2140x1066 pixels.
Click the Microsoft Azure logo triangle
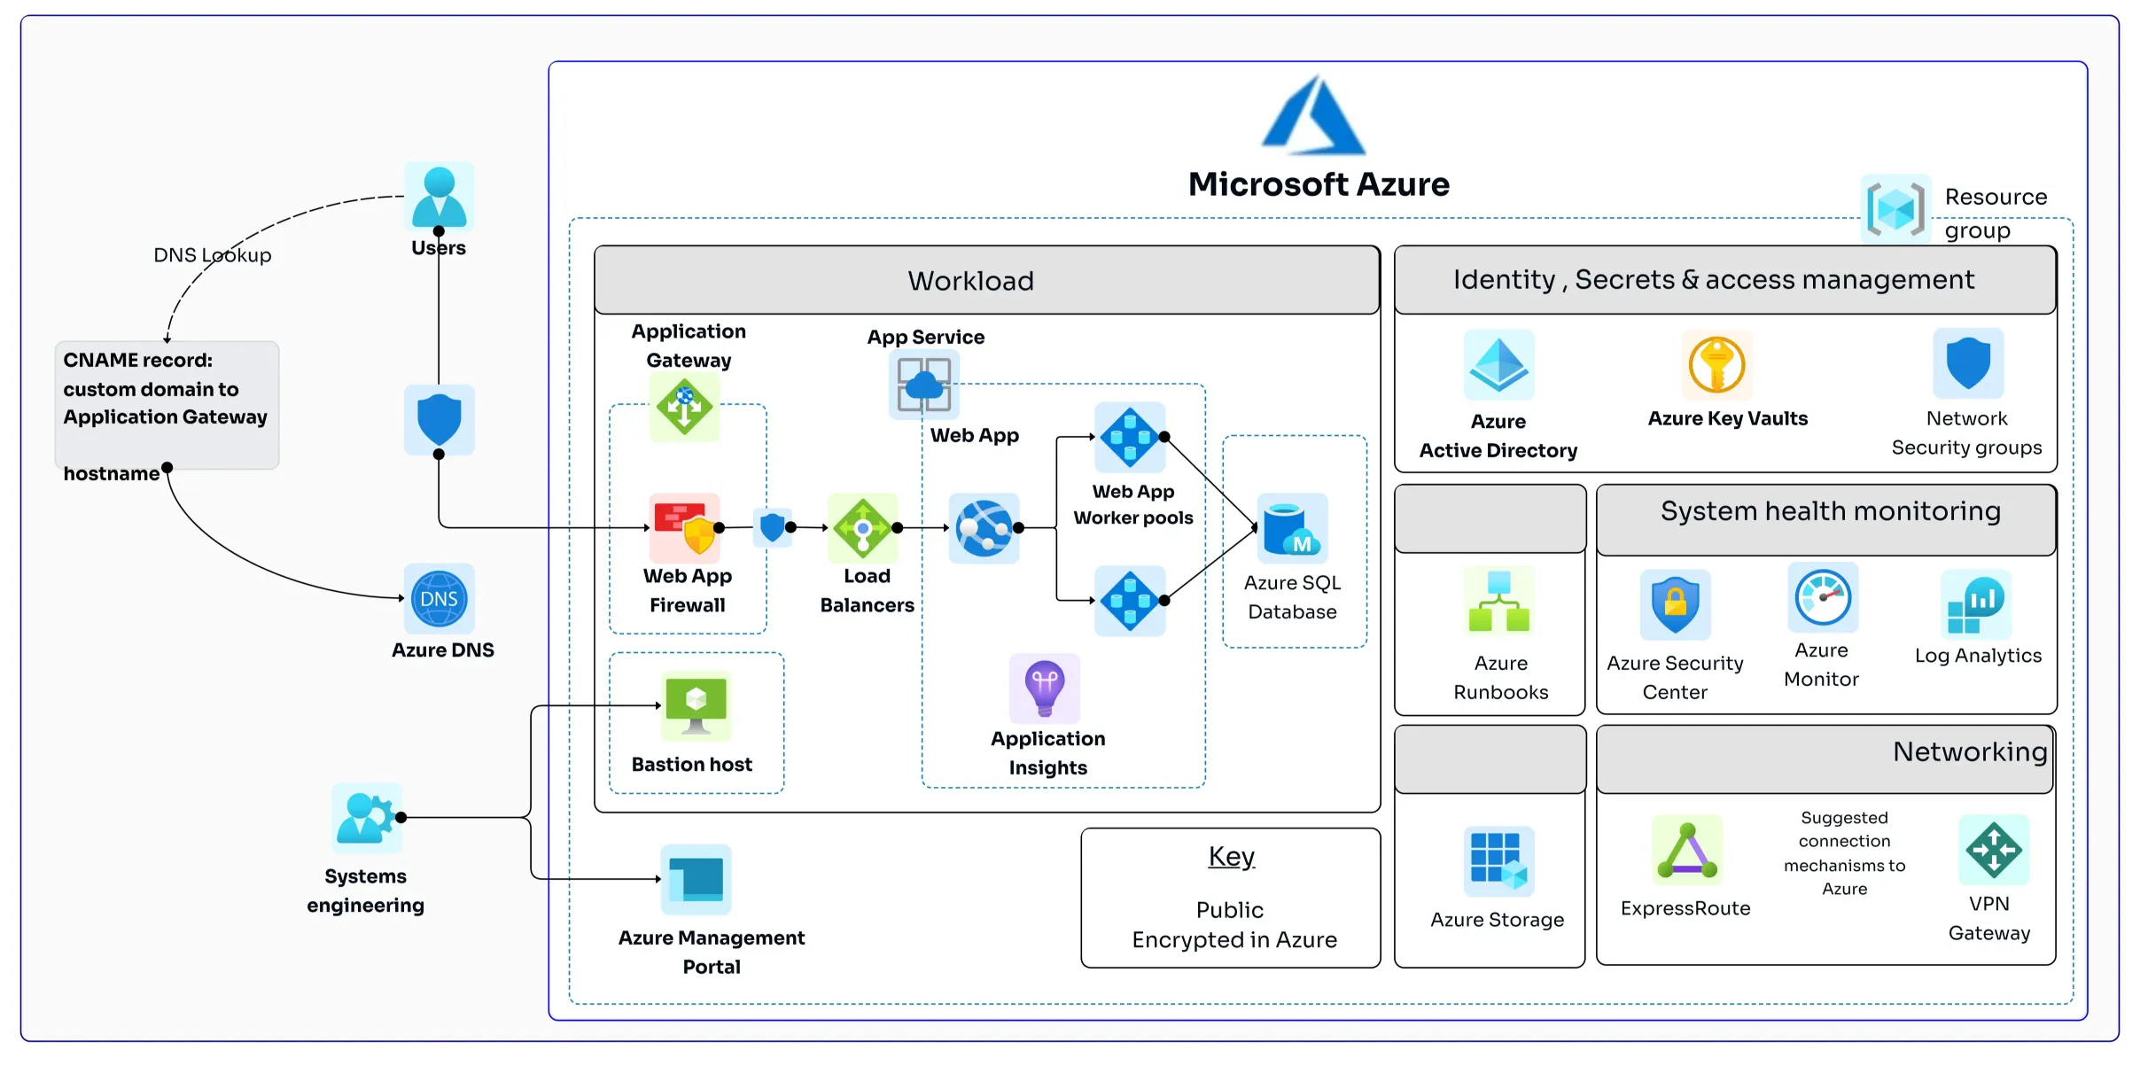1313,117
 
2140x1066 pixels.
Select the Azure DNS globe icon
439,599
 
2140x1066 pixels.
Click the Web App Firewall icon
684,527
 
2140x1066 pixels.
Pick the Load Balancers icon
862,528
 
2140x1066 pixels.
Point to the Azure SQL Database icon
1292,529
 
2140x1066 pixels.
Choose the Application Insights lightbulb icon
1045,688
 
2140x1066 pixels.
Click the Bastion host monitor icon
696,705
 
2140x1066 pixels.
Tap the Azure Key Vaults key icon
1716,364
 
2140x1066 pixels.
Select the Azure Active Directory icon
1498,364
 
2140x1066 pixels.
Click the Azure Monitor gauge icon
1822,597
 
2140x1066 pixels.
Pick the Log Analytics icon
1975,604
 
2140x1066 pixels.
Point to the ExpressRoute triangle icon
1687,850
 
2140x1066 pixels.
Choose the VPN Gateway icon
1993,850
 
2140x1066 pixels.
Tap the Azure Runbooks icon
1498,601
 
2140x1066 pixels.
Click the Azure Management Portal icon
696,879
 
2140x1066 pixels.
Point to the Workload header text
970,281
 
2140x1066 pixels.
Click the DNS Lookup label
213,255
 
